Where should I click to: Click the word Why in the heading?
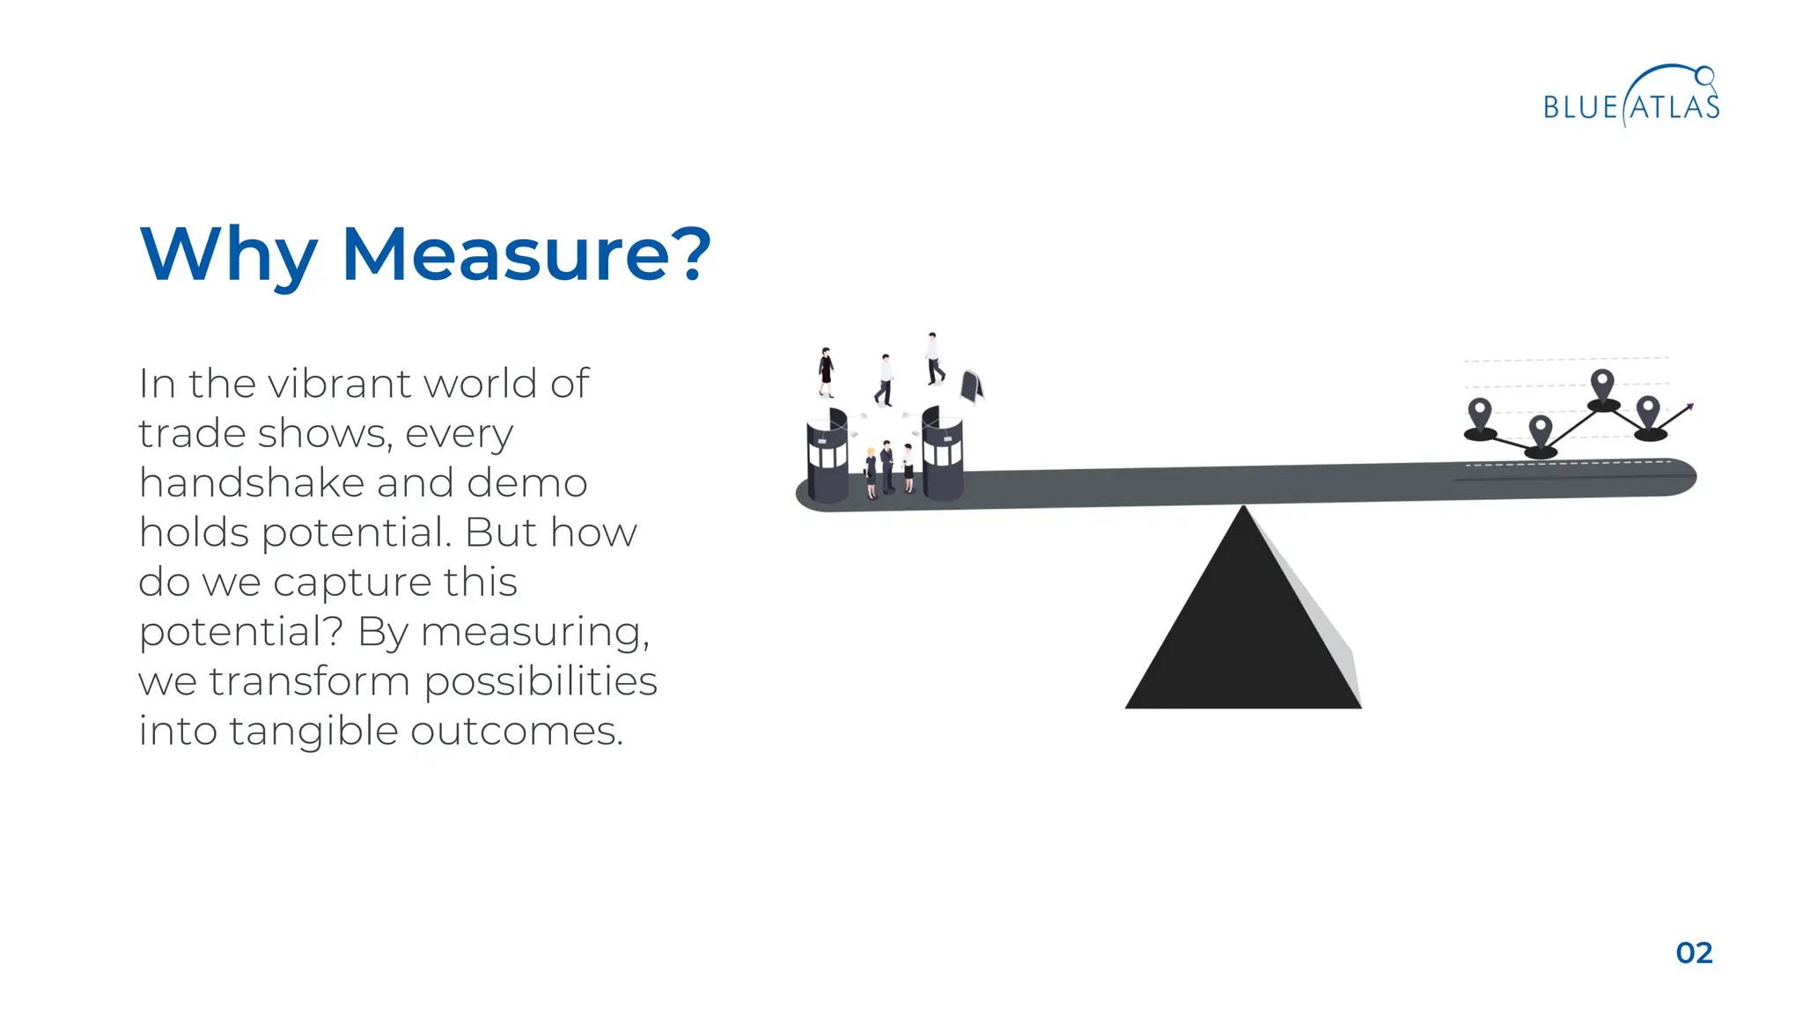point(228,255)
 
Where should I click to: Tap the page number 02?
point(1694,952)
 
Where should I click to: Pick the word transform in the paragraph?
point(309,681)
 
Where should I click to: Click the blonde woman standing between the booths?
point(871,473)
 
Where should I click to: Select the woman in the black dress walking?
point(826,371)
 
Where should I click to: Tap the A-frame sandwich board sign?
point(971,386)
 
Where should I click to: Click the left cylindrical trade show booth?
point(828,455)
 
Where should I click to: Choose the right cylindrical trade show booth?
point(942,453)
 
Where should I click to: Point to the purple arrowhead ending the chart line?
point(1689,407)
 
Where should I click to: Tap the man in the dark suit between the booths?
point(887,467)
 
